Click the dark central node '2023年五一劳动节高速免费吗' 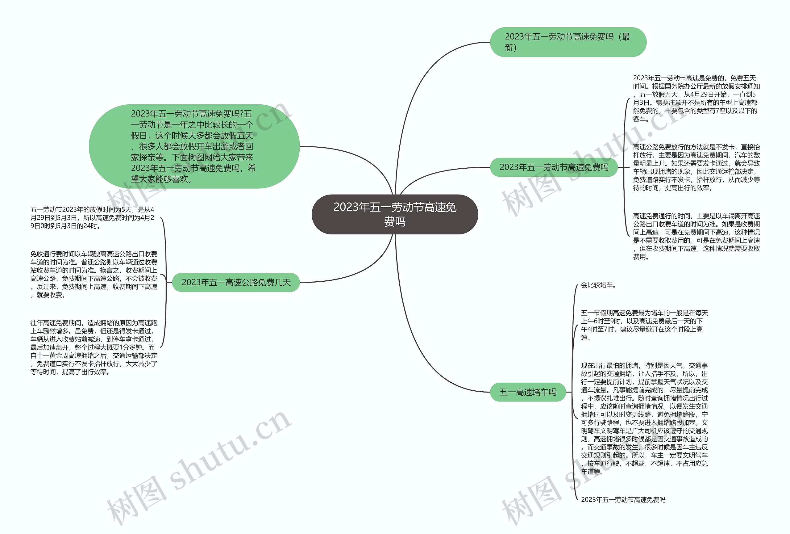[395, 214]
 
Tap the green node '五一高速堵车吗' [528, 392]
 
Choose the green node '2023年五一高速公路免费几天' [236, 282]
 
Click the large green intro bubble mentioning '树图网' [194, 146]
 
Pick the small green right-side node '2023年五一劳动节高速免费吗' [553, 167]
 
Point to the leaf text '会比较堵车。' [598, 285]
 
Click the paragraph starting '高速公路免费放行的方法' [696, 167]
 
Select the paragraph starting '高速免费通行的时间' [696, 236]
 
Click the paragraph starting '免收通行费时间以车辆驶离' [94, 275]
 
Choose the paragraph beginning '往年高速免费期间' [94, 347]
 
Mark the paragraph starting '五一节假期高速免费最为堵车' [644, 325]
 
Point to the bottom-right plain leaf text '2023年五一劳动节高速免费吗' [623, 500]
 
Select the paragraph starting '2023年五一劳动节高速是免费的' [696, 99]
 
